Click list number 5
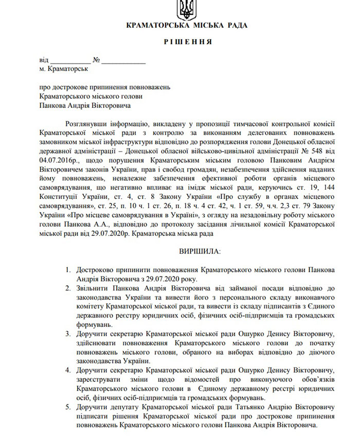pyautogui.click(x=68, y=408)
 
